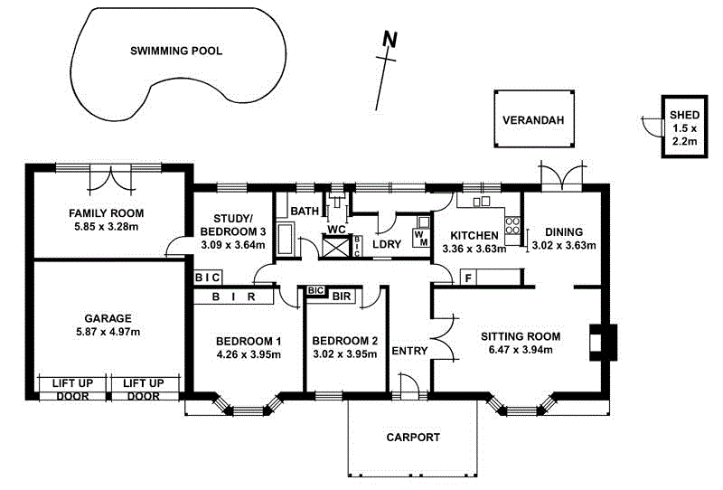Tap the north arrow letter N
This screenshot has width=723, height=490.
pos(390,39)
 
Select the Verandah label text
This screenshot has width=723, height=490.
pos(533,120)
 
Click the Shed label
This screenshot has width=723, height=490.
pos(684,115)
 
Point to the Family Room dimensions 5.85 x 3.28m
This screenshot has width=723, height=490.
pos(108,227)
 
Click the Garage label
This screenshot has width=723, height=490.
pos(108,318)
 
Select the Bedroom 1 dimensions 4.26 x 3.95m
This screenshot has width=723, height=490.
pos(249,354)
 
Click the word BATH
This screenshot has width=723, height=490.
pos(305,212)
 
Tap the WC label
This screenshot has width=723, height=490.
pos(337,229)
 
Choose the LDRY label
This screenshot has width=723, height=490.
pos(387,244)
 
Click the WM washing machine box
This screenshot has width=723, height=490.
pos(421,239)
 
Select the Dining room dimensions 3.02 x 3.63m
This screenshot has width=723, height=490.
pos(562,244)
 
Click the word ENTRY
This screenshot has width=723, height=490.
pos(410,353)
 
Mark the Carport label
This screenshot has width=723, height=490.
pos(413,437)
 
